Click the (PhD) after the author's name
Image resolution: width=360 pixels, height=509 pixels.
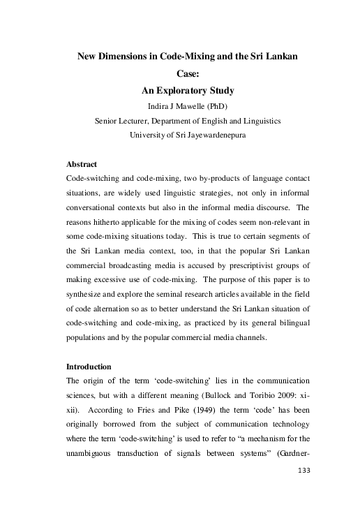coord(224,106)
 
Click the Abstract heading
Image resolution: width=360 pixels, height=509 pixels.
coord(81,165)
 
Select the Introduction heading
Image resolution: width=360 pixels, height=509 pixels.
coord(89,366)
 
